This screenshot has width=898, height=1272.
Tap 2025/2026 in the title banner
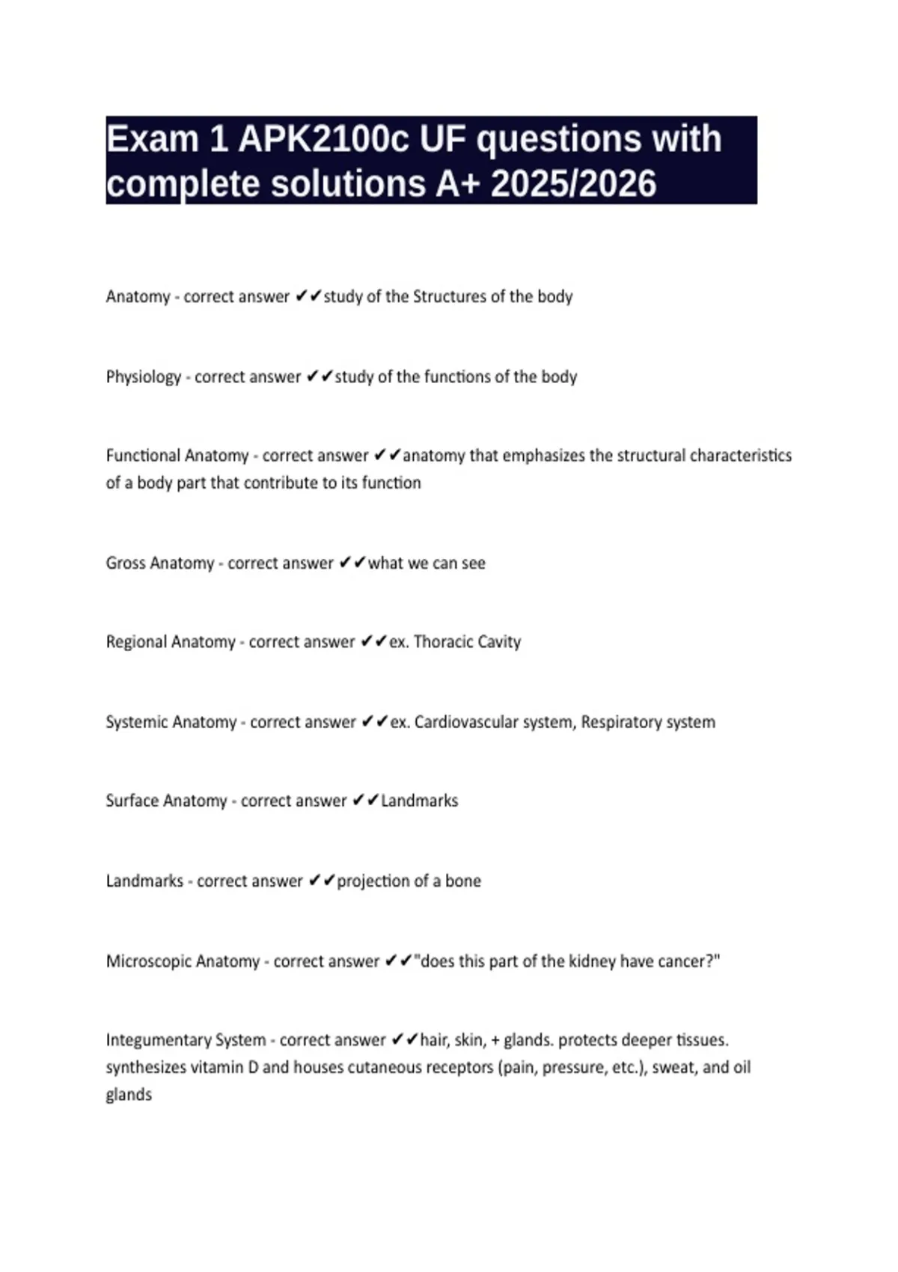573,184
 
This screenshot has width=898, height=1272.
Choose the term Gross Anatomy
160,563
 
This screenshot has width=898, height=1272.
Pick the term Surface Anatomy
166,801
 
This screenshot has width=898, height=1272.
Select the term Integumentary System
186,1040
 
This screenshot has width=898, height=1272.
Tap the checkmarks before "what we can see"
352,563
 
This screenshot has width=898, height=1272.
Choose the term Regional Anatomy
171,642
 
